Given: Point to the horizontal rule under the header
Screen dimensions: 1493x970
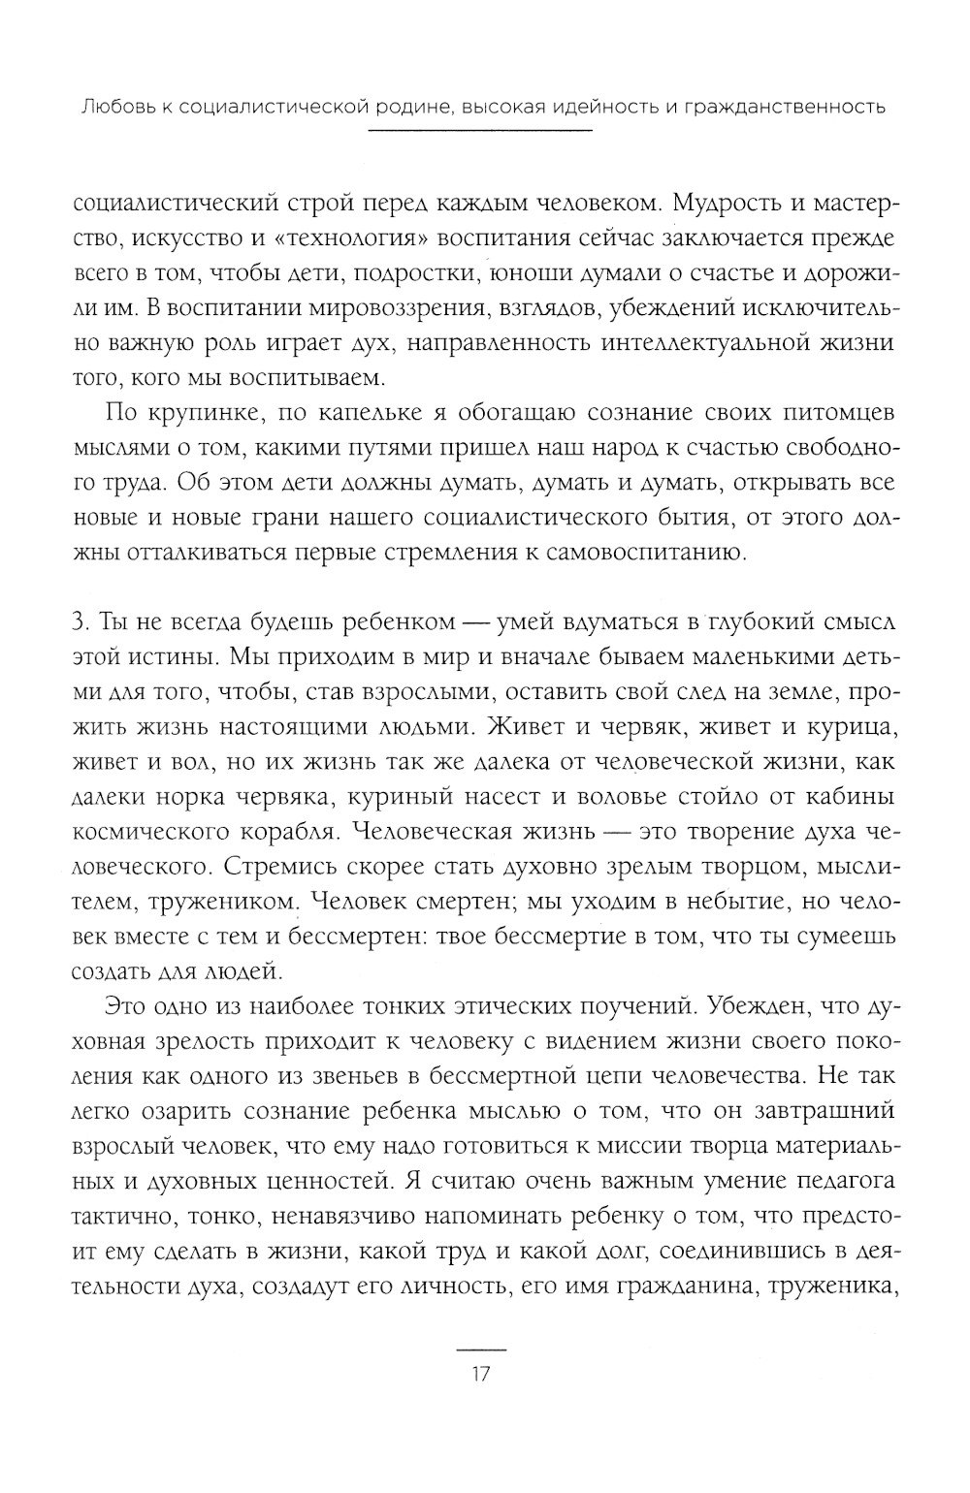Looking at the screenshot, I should [x=482, y=131].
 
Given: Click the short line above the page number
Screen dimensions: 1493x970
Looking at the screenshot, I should [x=482, y=1350].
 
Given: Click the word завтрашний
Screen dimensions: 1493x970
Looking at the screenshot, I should [x=822, y=1112].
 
